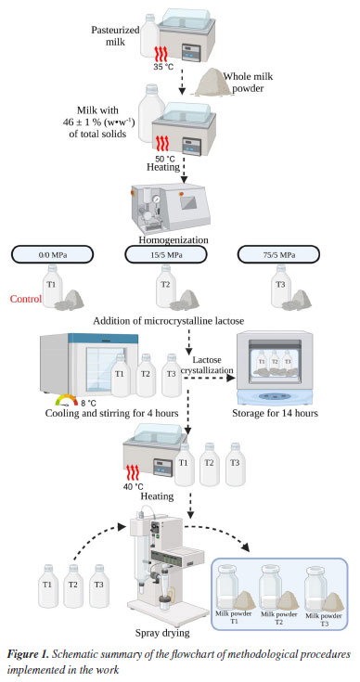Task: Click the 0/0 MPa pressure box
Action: point(51,254)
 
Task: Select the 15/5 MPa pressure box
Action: point(166,254)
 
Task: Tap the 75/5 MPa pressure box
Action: point(278,254)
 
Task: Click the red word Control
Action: point(26,299)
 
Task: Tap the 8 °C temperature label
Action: point(89,403)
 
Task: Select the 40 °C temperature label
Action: point(134,486)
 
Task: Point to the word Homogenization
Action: point(174,239)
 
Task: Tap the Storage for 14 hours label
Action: point(275,413)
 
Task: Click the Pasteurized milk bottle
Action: point(149,38)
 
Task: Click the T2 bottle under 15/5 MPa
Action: point(166,286)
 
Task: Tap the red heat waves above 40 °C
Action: point(133,472)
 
